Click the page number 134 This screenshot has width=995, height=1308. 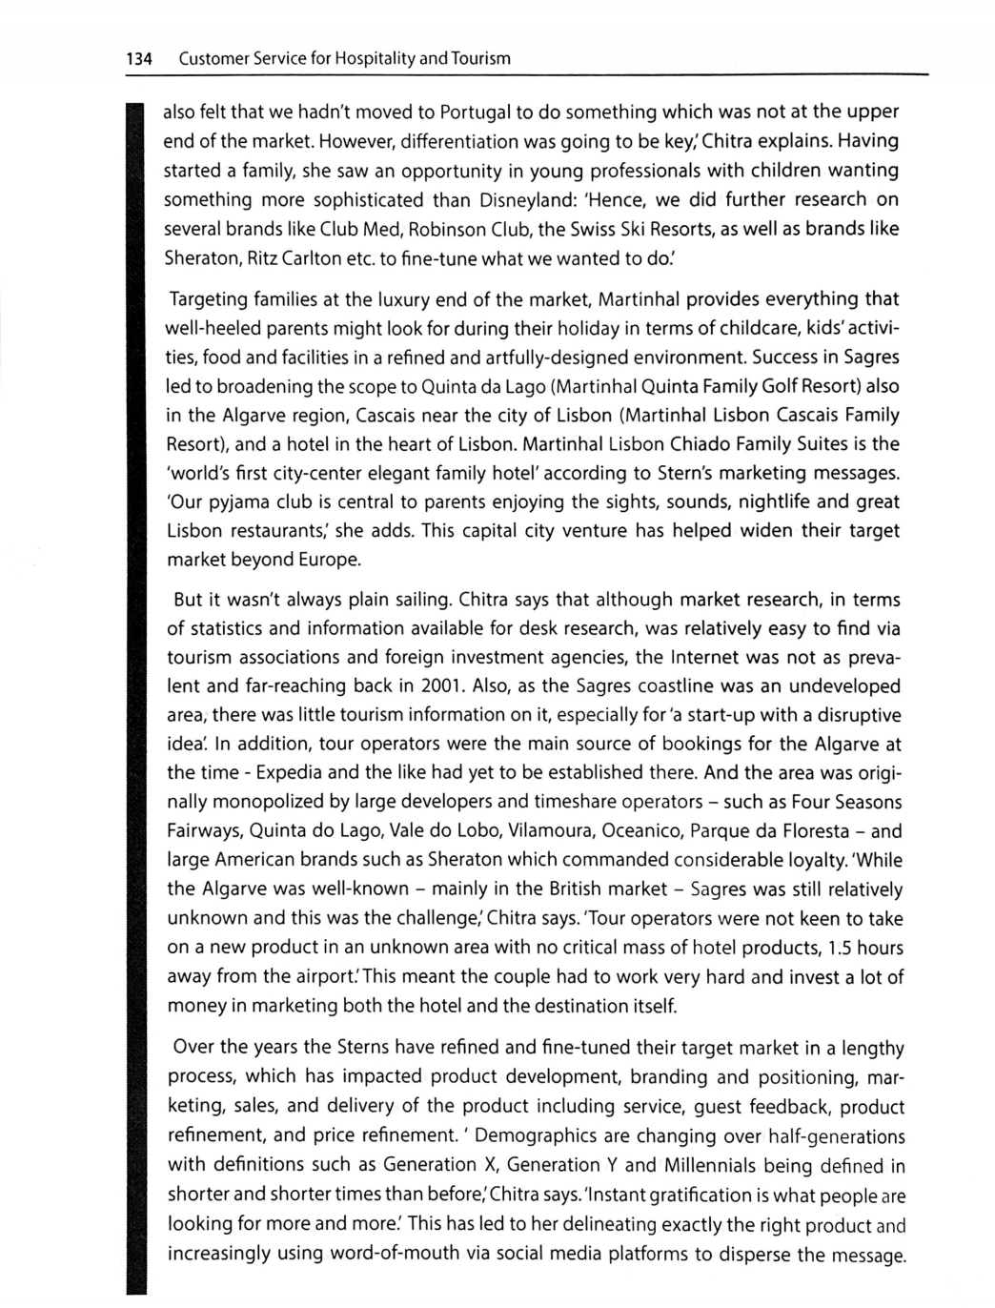tap(140, 58)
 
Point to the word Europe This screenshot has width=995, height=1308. tap(331, 560)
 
